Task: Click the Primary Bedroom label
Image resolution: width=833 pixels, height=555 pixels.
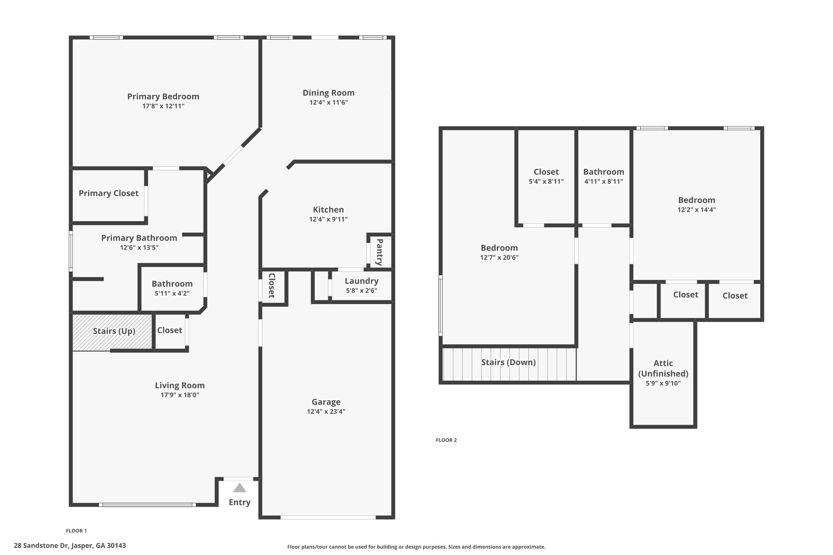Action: coord(163,96)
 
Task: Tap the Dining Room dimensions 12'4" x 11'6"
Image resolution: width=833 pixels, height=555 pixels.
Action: coord(329,102)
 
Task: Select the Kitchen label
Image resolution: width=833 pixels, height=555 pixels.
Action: coord(328,209)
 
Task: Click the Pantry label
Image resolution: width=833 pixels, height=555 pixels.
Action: coord(379,252)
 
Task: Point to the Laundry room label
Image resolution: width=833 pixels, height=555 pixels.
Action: coord(362,281)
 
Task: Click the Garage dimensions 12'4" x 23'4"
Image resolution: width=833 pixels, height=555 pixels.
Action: coord(326,411)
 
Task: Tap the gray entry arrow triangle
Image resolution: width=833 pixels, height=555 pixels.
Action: coord(240,488)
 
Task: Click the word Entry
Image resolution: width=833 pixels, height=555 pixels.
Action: coord(240,503)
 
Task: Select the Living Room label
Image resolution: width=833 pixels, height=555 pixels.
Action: coord(180,385)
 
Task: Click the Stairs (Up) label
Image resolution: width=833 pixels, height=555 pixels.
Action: coord(114,331)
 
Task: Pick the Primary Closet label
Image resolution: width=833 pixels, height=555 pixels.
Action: coord(109,193)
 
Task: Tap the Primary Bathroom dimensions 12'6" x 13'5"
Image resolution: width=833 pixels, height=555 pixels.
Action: coord(139,248)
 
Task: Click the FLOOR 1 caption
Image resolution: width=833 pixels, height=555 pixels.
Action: coord(76,531)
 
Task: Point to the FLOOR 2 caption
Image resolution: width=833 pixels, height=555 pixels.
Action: coord(446,440)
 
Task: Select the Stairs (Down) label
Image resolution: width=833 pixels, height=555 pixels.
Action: coord(508,362)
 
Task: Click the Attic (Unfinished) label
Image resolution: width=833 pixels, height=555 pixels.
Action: coord(663,368)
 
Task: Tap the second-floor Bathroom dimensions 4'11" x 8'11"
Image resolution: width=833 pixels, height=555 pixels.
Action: coord(604,182)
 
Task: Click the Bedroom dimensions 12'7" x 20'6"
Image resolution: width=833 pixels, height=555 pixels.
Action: coord(499,257)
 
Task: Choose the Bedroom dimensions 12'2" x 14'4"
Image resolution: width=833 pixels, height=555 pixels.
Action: coord(697,210)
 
